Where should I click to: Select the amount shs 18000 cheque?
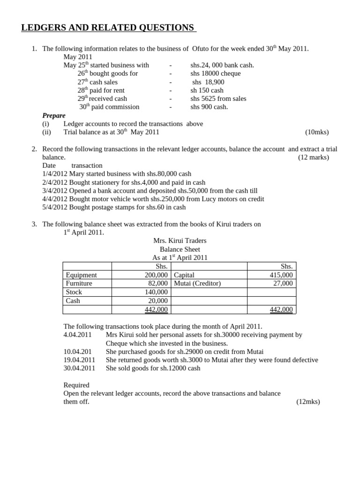(x=215, y=74)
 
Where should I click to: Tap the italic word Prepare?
(x=54, y=116)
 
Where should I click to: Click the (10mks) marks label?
(x=317, y=132)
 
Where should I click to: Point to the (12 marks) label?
(x=313, y=157)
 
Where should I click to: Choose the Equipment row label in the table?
(x=82, y=275)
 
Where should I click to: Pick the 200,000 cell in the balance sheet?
(x=156, y=275)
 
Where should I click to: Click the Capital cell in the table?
(x=184, y=275)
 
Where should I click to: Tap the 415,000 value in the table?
(x=281, y=275)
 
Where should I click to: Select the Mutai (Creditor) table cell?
(x=197, y=284)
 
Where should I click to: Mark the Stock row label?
(x=74, y=292)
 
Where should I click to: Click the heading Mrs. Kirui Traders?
(x=180, y=241)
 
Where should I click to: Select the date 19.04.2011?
(x=79, y=360)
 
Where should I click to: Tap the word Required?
(x=76, y=385)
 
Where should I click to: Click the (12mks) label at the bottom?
(x=308, y=402)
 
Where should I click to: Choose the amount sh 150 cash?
(x=207, y=90)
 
